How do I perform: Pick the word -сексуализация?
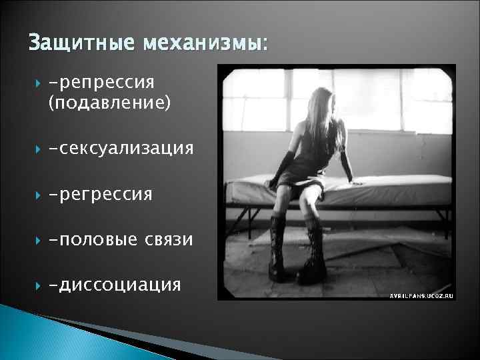pos(121,148)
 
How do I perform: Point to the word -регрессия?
pos(100,194)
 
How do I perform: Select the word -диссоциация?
pos(114,285)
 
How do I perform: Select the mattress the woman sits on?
pos(400,190)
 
